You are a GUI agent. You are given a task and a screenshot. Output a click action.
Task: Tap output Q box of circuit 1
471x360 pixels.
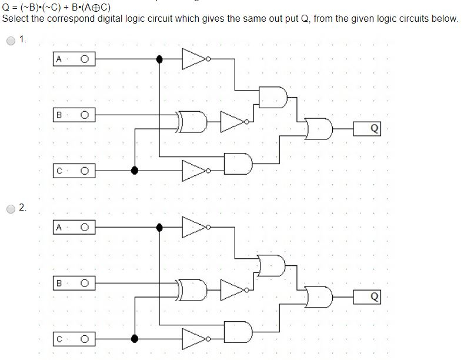(x=368, y=129)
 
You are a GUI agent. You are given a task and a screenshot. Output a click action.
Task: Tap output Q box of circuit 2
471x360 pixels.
(x=368, y=296)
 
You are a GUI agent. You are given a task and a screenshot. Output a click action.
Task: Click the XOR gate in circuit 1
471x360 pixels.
(x=194, y=121)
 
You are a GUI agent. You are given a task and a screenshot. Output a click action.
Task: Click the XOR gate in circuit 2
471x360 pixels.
(x=194, y=289)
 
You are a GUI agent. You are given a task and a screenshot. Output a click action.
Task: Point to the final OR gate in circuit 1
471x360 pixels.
(x=318, y=129)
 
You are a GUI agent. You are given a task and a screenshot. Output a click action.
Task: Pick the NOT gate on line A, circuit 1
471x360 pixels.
(x=195, y=59)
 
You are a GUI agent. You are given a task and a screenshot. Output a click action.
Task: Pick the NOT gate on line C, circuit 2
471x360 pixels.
(x=195, y=339)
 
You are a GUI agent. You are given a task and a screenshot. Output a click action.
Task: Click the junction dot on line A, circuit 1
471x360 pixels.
(x=159, y=59)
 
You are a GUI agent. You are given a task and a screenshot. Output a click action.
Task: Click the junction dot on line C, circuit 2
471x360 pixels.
(x=135, y=339)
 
